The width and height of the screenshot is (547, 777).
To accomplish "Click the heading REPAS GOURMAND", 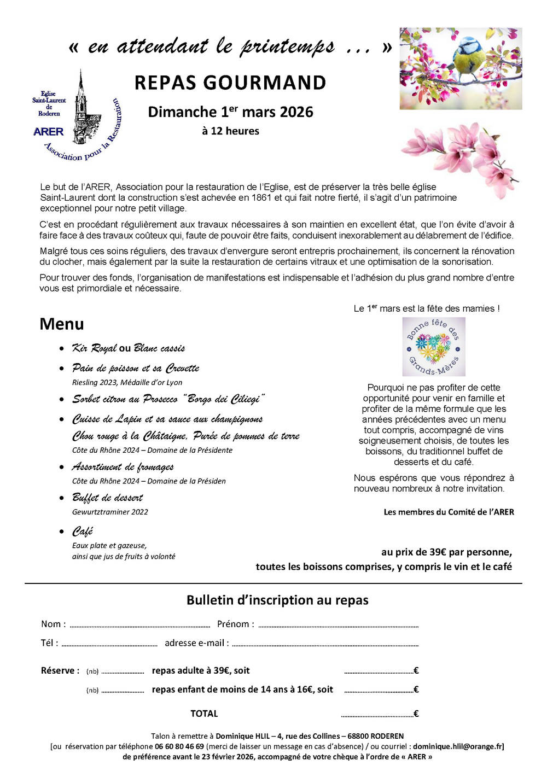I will (x=230, y=83).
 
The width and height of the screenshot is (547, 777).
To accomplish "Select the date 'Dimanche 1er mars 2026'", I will (x=230, y=112).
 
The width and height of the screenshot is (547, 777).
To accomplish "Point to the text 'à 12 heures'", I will (x=230, y=131).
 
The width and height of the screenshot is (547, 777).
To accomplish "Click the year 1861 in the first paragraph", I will (x=261, y=198).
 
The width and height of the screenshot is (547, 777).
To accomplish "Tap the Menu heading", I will (x=62, y=324).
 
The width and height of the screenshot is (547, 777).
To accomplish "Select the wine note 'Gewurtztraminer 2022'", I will (x=110, y=512).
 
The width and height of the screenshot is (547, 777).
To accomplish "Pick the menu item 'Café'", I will (x=83, y=531).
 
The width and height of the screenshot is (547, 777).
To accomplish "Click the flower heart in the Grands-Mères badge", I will (x=433, y=347).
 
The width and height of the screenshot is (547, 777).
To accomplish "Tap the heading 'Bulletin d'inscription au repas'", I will (x=277, y=600).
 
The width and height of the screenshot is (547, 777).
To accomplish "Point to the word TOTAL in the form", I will (x=204, y=714).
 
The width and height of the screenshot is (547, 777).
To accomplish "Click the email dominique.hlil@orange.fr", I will (x=458, y=747).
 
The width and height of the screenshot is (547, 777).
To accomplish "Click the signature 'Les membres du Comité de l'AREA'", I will (x=449, y=512).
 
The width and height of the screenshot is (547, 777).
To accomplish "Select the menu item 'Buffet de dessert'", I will (x=108, y=498).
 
